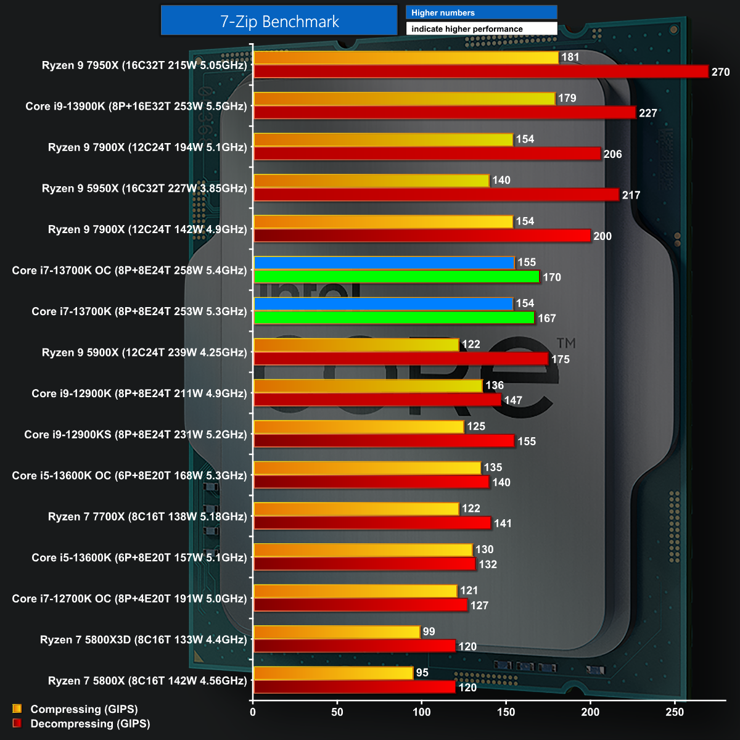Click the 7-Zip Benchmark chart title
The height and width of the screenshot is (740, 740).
(x=279, y=22)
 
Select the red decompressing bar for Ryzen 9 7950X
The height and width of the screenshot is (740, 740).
(x=481, y=72)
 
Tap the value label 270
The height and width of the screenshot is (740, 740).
(x=720, y=72)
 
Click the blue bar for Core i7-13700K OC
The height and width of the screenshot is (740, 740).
(x=384, y=263)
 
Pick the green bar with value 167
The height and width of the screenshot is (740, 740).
(x=394, y=318)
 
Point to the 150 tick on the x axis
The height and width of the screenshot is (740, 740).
(x=506, y=712)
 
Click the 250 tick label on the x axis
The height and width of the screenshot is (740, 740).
(x=675, y=712)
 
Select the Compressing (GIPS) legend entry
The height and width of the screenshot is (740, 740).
(x=84, y=709)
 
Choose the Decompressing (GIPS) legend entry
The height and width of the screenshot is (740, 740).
(x=90, y=723)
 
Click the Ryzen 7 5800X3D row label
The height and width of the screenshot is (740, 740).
(x=143, y=639)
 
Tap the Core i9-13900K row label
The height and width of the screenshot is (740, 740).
(x=136, y=106)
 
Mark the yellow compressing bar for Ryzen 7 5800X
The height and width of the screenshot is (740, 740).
(x=333, y=673)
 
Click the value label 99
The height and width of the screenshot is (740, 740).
(x=429, y=631)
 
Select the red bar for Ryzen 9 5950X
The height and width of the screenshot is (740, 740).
(x=436, y=195)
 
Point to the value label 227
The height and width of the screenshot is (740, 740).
(x=647, y=113)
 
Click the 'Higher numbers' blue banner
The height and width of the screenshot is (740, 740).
(x=481, y=12)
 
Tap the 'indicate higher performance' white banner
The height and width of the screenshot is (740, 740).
(x=481, y=29)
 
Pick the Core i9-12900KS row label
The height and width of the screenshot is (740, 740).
(x=135, y=434)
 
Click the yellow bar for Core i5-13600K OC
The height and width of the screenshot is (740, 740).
(x=367, y=468)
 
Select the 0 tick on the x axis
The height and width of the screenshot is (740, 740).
(x=253, y=712)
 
